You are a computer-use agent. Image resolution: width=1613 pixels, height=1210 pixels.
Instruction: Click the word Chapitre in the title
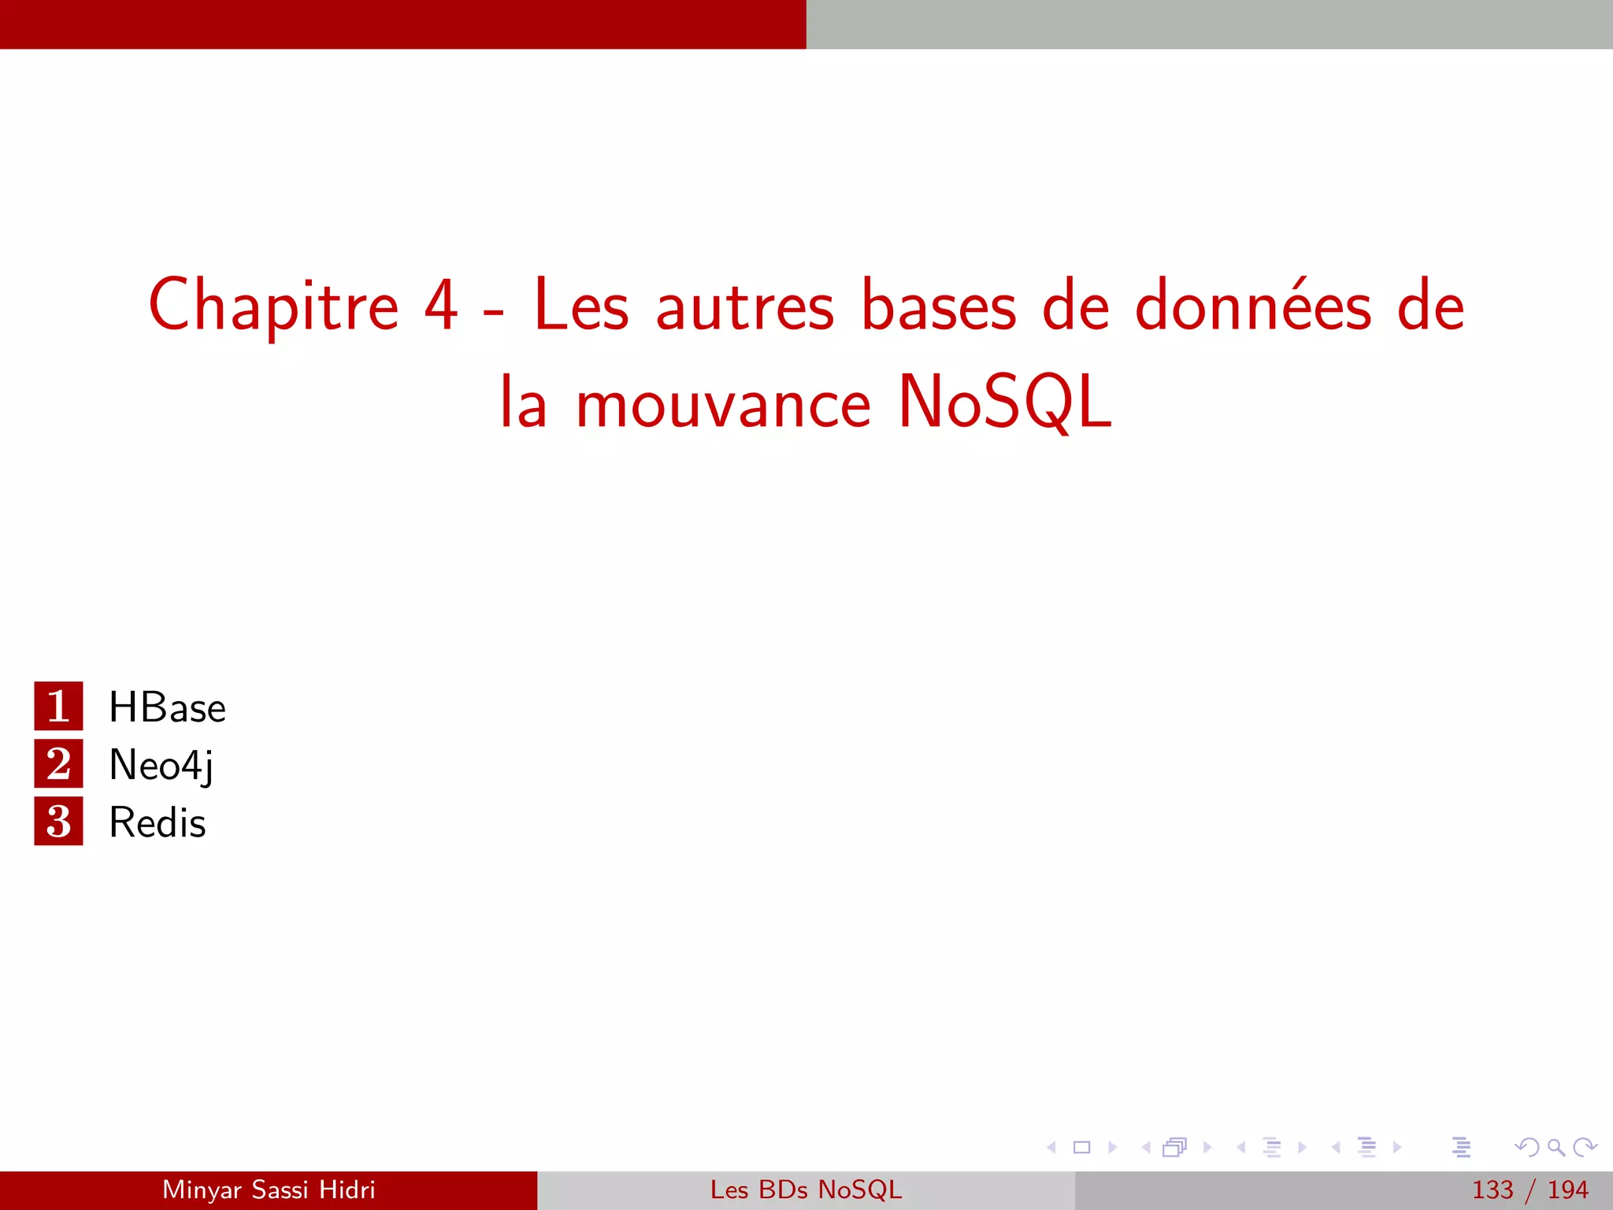273,307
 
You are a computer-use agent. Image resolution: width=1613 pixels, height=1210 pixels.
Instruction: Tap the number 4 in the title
441,306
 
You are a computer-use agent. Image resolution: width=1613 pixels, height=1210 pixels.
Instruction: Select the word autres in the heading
744,307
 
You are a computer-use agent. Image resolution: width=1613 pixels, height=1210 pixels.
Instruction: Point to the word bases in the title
939,306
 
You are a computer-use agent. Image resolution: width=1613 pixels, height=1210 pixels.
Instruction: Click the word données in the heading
1253,306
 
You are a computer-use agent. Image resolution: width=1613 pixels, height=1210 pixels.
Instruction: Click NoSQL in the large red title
1005,403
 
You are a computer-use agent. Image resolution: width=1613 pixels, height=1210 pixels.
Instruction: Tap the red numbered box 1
58,706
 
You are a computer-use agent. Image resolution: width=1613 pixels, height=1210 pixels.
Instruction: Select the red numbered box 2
58,763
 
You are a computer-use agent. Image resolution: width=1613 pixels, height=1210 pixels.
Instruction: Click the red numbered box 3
58,821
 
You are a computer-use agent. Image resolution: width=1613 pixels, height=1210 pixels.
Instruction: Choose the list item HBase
167,707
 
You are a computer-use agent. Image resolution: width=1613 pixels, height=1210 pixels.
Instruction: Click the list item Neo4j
161,765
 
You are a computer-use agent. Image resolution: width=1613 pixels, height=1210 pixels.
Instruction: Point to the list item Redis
158,822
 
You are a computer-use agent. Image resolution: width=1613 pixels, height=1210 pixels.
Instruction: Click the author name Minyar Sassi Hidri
269,1190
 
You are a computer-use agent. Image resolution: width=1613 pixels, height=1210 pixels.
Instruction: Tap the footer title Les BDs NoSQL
806,1190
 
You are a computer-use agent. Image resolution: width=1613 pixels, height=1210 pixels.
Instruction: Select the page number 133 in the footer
1492,1190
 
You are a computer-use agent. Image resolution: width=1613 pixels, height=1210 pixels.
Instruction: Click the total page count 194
1567,1190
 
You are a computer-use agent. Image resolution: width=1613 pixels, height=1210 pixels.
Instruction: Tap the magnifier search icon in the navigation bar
1556,1148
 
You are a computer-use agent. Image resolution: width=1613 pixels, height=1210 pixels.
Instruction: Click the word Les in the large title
581,306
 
